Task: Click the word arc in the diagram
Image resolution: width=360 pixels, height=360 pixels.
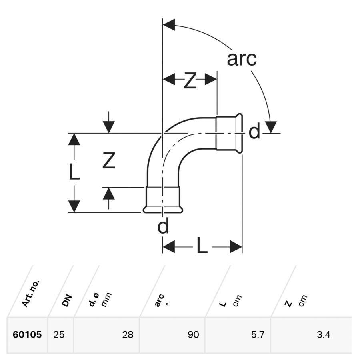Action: pos(242,59)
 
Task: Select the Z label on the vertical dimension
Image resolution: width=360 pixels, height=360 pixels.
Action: pos(108,161)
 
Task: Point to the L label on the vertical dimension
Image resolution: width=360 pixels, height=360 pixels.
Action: pos(74,172)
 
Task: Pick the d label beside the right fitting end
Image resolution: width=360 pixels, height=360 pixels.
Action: pos(254,132)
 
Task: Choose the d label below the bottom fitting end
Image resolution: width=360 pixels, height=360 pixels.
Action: pos(163,227)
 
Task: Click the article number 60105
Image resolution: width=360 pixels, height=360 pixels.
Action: pos(27,335)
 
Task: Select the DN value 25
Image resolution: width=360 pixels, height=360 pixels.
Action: pos(59,335)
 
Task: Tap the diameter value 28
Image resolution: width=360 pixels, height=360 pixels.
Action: pos(128,335)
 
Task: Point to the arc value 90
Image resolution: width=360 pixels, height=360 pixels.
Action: pos(193,335)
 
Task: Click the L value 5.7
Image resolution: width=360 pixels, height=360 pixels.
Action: pos(258,335)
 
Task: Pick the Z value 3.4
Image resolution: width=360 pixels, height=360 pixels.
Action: pos(323,335)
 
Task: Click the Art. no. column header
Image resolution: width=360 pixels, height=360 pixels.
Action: pos(32,294)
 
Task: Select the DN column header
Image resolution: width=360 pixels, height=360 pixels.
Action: pos(67,300)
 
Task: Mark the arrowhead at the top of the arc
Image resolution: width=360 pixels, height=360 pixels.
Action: pos(169,25)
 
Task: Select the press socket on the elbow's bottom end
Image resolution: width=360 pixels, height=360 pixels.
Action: pos(162,199)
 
